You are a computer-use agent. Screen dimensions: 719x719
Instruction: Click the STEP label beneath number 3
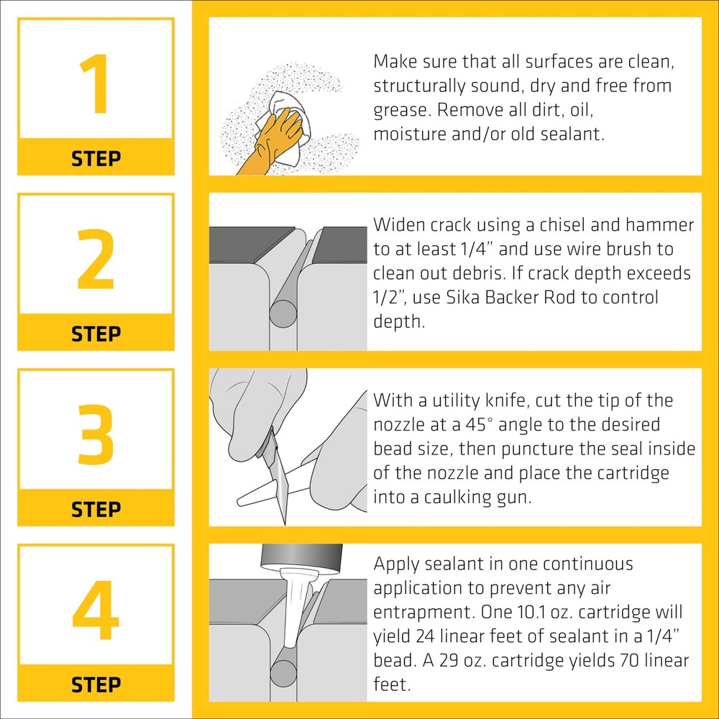tap(96, 510)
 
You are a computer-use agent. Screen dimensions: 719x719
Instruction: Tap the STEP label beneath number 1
tap(96, 159)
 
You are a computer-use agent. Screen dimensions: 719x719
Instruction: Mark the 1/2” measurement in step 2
tap(389, 297)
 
